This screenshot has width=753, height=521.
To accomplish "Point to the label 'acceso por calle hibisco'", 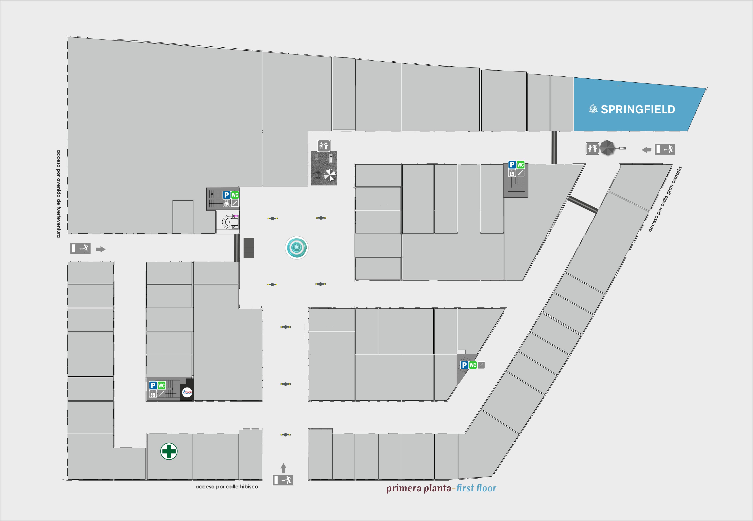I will coord(226,487).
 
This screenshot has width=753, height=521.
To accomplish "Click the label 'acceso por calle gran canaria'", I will coord(665,199).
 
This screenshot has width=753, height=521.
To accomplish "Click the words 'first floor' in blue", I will coord(476,488).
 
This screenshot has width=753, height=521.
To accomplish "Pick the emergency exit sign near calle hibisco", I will coord(283,480).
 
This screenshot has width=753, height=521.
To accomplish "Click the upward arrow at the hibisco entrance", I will coord(283,468).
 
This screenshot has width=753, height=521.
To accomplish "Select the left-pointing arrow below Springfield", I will coord(646,150).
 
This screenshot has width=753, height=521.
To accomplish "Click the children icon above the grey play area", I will coord(323,146).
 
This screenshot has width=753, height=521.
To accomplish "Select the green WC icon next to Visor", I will coord(161,385).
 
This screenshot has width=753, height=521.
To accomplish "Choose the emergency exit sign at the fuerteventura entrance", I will coord(80,248).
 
